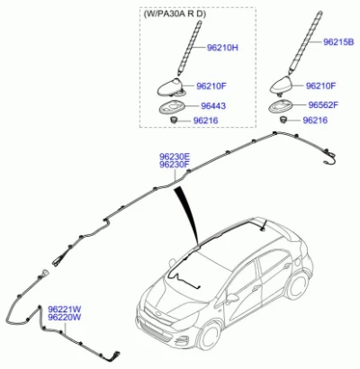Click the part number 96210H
pyautogui.click(x=222, y=48)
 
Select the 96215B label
pyautogui.click(x=338, y=42)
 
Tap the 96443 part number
pyautogui.click(x=213, y=106)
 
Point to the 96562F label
pyautogui.click(x=323, y=105)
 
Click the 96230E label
pyautogui.click(x=175, y=157)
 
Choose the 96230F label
pyautogui.click(x=175, y=165)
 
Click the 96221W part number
pyautogui.click(x=65, y=309)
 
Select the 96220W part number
pyautogui.click(x=65, y=317)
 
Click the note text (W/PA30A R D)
pyautogui.click(x=175, y=13)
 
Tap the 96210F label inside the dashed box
pyautogui.click(x=211, y=86)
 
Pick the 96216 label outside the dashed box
pyautogui.click(x=315, y=121)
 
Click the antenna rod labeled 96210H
pyautogui.click(x=190, y=48)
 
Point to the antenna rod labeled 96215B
pyautogui.click(x=304, y=42)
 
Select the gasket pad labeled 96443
pyautogui.click(x=170, y=108)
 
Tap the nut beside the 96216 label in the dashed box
pyautogui.click(x=174, y=121)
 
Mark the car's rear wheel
pyautogui.click(x=298, y=286)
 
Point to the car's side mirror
pyautogui.click(x=231, y=298)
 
